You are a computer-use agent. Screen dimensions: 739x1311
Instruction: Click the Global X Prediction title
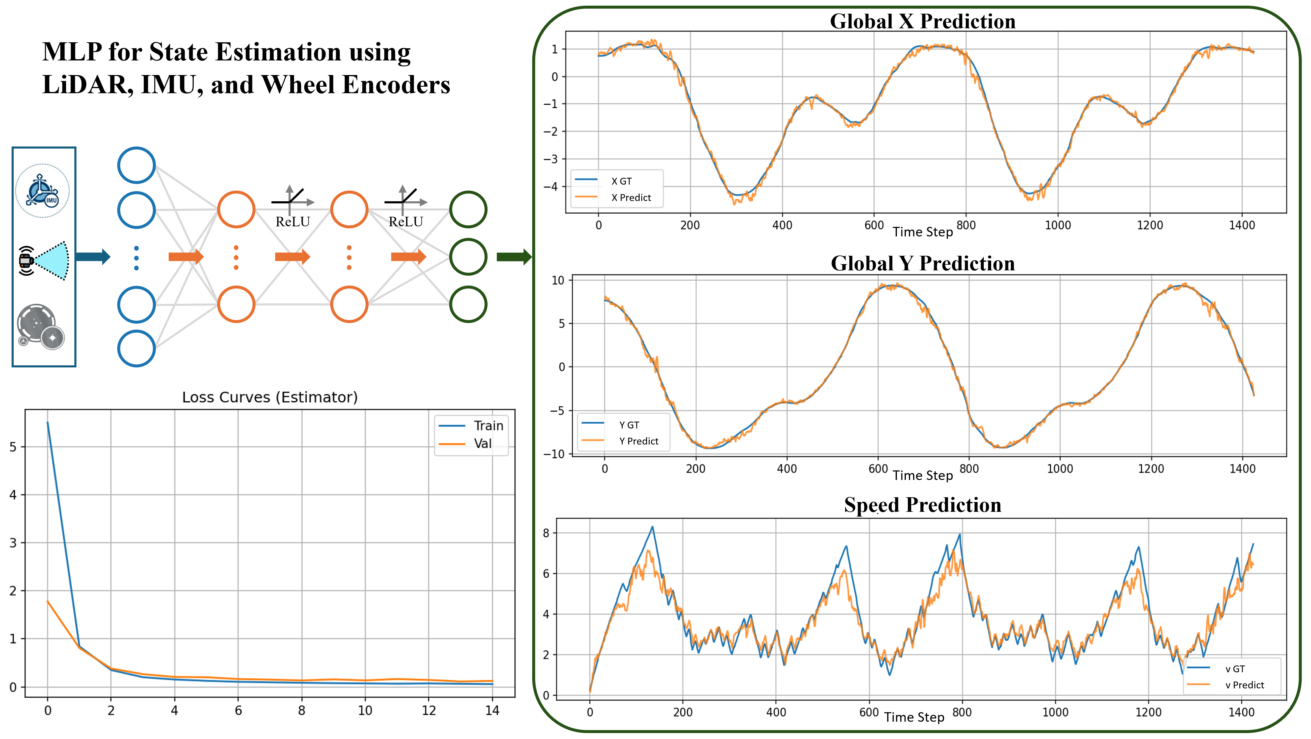(x=922, y=21)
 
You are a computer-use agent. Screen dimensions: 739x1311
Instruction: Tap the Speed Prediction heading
(x=922, y=505)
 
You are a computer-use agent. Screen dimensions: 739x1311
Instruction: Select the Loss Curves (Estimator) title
(x=270, y=397)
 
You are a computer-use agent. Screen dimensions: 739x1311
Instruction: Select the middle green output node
(x=468, y=257)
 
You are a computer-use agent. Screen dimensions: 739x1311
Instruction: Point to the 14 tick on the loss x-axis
(x=492, y=710)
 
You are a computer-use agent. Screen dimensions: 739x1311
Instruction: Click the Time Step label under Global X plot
(x=922, y=232)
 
